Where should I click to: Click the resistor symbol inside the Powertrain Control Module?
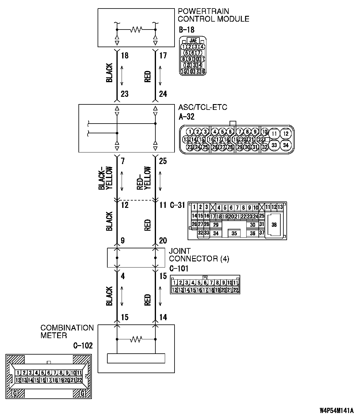pos(136,30)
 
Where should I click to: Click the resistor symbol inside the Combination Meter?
pos(136,339)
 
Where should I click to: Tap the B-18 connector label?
pos(187,30)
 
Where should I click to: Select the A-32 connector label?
pos(186,117)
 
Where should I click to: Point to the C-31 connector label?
pos(177,205)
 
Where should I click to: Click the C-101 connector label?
pos(179,268)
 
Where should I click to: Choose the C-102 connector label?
pos(83,345)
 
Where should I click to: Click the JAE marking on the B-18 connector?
pos(193,40)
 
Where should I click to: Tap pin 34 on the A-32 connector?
pos(286,145)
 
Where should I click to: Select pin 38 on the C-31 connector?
pos(274,225)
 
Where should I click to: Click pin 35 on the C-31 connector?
pos(234,233)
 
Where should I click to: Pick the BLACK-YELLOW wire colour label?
pos(106,178)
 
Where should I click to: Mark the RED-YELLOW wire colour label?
pos(144,178)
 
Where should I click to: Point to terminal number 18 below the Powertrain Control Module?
pos(125,55)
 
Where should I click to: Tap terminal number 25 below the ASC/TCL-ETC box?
pos(163,161)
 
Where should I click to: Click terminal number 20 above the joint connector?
pos(163,240)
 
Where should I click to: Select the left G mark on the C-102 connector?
pos(15,394)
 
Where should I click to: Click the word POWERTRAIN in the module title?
pos(203,11)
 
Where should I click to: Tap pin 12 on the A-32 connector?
pos(286,134)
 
